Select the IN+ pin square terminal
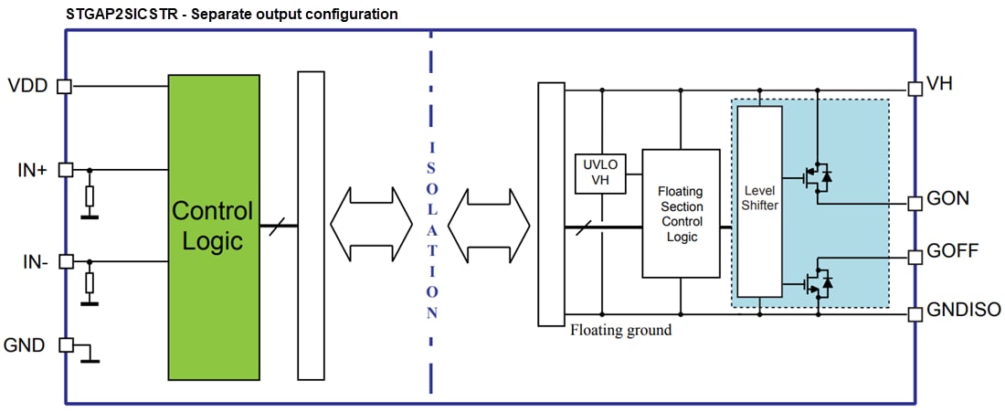click(65, 169)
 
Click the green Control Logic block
click(212, 227)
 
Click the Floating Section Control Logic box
click(680, 212)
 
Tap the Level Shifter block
click(760, 200)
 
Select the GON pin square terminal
click(915, 203)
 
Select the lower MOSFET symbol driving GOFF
click(817, 284)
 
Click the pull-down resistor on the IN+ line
click(90, 195)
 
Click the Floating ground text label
click(620, 330)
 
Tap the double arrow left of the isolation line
click(371, 223)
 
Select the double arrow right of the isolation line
click(490, 223)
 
